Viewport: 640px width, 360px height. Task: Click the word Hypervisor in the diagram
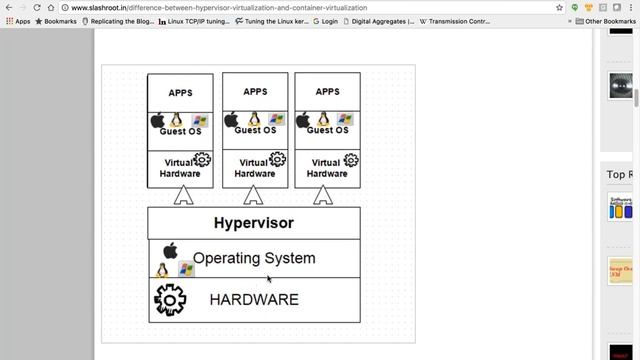click(254, 223)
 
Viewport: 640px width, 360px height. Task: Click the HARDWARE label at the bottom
click(254, 299)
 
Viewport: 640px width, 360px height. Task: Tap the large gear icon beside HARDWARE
click(170, 299)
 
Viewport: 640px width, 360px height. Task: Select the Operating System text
click(254, 258)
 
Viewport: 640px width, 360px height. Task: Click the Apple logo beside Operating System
click(170, 250)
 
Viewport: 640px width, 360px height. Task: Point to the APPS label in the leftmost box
click(180, 93)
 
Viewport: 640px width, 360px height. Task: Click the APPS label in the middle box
click(255, 92)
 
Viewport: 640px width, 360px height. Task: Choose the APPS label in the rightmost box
click(327, 92)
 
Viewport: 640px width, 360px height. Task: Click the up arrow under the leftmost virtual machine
click(182, 195)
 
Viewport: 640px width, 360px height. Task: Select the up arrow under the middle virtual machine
click(253, 195)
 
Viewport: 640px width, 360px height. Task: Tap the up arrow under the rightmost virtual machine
click(323, 195)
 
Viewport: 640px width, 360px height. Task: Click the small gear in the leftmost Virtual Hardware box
click(202, 160)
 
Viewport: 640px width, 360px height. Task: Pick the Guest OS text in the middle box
click(255, 130)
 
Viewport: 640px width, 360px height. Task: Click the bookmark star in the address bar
click(559, 7)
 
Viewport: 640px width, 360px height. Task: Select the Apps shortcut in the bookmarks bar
click(18, 21)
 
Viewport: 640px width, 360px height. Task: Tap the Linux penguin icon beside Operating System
click(162, 271)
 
